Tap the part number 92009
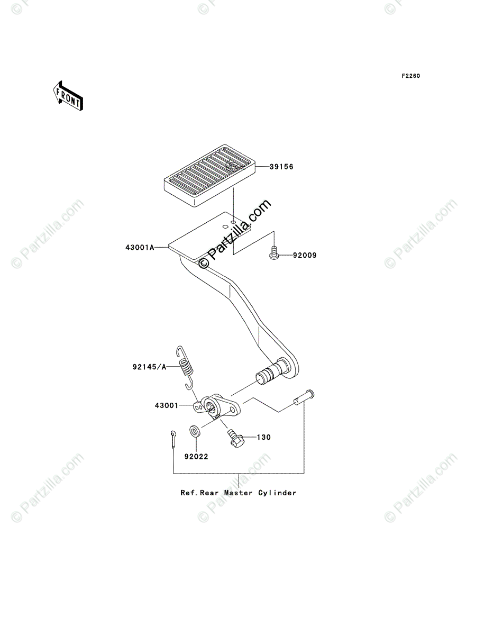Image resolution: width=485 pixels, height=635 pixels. [305, 256]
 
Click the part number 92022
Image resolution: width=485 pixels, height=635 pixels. [196, 456]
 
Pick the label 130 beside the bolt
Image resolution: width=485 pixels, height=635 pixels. [263, 438]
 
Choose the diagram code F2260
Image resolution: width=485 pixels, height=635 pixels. [410, 76]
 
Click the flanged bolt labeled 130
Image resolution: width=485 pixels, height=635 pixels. [234, 437]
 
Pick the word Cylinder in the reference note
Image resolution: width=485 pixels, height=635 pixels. [277, 493]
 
